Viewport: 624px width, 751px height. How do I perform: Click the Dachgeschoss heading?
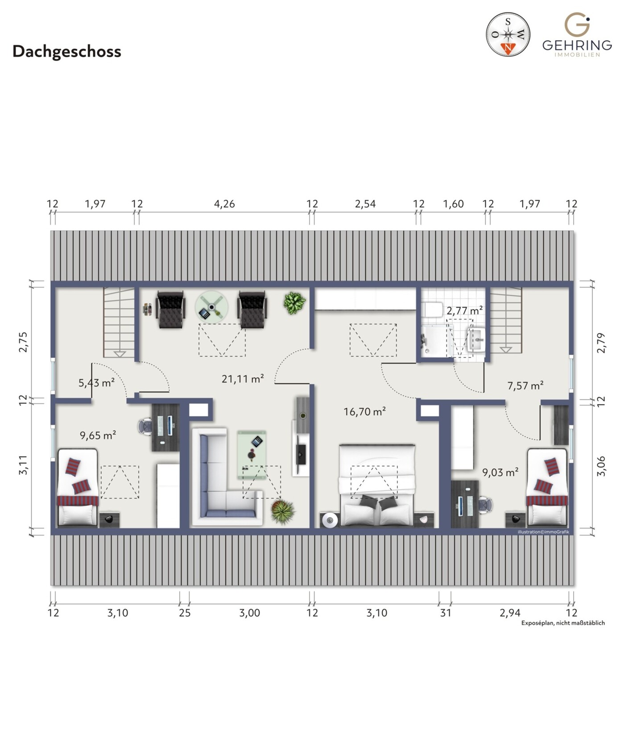click(67, 51)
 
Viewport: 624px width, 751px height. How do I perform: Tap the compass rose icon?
click(508, 34)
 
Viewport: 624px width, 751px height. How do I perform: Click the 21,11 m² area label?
click(243, 379)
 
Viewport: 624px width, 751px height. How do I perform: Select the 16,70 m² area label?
click(364, 411)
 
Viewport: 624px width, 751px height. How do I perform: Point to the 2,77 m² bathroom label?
click(464, 310)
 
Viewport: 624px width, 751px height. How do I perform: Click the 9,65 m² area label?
click(98, 435)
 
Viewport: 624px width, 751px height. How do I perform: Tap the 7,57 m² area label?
click(525, 385)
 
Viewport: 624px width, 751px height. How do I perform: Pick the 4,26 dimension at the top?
click(224, 204)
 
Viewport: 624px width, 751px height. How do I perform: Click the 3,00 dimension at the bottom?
click(249, 613)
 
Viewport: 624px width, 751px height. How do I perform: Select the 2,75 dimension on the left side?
click(23, 342)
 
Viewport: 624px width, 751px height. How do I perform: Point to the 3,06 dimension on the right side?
click(601, 466)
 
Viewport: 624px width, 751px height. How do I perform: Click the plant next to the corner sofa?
click(282, 511)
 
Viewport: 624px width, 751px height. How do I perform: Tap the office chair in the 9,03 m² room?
click(485, 505)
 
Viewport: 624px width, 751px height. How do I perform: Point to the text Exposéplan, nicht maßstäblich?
click(563, 623)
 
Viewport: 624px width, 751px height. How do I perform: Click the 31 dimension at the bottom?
click(445, 613)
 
